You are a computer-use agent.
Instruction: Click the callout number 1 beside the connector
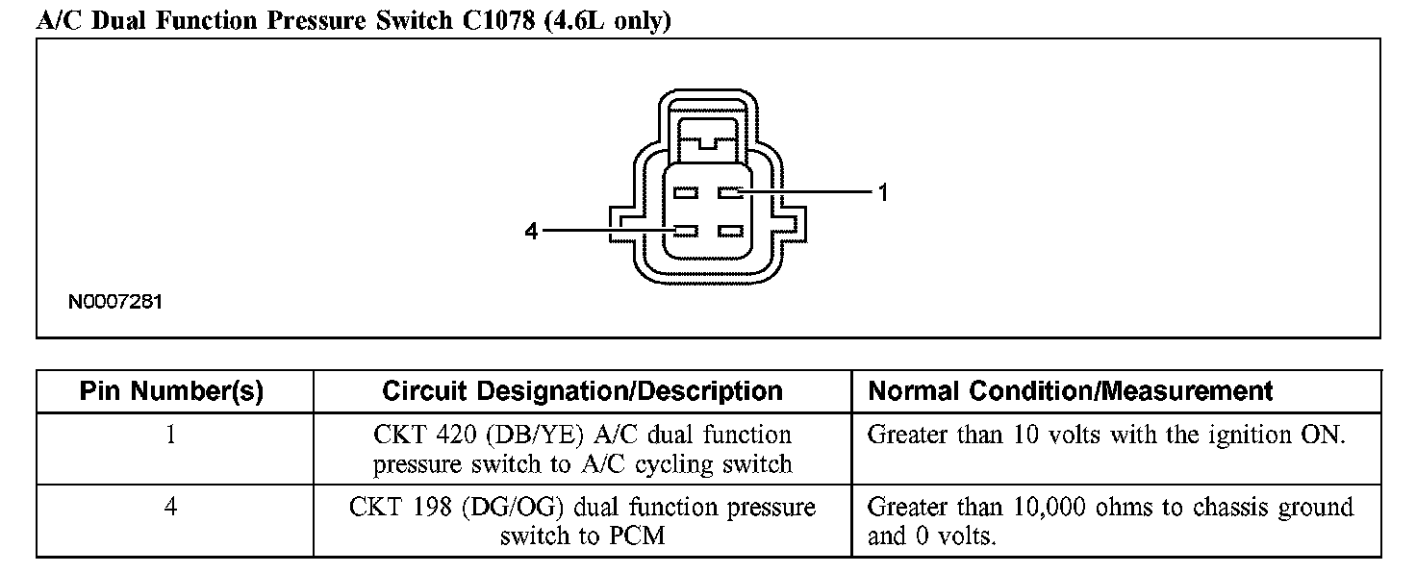pos(883,193)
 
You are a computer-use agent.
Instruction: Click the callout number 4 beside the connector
pos(530,232)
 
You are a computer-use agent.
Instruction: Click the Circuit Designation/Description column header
pos(582,391)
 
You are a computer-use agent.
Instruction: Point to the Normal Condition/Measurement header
pos(1071,391)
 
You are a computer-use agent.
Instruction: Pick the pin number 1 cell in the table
pos(171,435)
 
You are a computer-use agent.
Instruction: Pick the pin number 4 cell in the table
pos(171,507)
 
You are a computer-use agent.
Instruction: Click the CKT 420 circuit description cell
pos(582,449)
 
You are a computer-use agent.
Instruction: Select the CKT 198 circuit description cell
pos(582,520)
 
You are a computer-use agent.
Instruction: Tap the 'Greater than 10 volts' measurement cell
pos(1105,435)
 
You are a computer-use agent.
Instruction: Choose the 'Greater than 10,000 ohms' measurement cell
pos(1110,520)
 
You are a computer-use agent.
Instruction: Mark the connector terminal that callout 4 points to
pos(685,232)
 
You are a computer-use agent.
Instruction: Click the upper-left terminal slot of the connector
pos(685,193)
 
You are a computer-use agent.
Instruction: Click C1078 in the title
pos(494,21)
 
